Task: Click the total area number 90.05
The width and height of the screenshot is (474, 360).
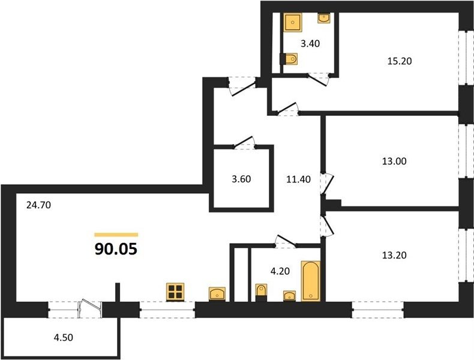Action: (116, 249)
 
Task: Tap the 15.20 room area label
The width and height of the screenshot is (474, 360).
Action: (400, 61)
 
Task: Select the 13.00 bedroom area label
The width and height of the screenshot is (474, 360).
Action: (394, 161)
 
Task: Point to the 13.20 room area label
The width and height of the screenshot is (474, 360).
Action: (394, 255)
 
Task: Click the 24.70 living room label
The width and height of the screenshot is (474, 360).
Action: (38, 205)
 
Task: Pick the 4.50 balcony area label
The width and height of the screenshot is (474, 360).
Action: (64, 337)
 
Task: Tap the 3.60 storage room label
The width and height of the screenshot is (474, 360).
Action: (241, 179)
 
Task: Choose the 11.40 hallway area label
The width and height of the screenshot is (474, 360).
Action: (298, 179)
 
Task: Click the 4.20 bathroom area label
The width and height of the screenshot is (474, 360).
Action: (280, 271)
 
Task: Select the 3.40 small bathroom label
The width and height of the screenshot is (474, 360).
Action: (310, 44)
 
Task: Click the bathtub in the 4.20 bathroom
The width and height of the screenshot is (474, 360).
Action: (310, 281)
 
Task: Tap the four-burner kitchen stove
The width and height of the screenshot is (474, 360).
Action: (175, 292)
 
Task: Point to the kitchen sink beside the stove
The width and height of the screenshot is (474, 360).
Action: (217, 294)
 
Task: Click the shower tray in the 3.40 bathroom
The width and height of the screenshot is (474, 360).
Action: (293, 22)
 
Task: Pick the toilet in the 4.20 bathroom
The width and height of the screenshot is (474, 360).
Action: (261, 293)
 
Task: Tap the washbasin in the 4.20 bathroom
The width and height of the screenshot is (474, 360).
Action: (289, 296)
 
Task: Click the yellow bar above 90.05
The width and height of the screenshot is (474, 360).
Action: (116, 235)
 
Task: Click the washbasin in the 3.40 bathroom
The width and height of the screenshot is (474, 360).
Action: (324, 18)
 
